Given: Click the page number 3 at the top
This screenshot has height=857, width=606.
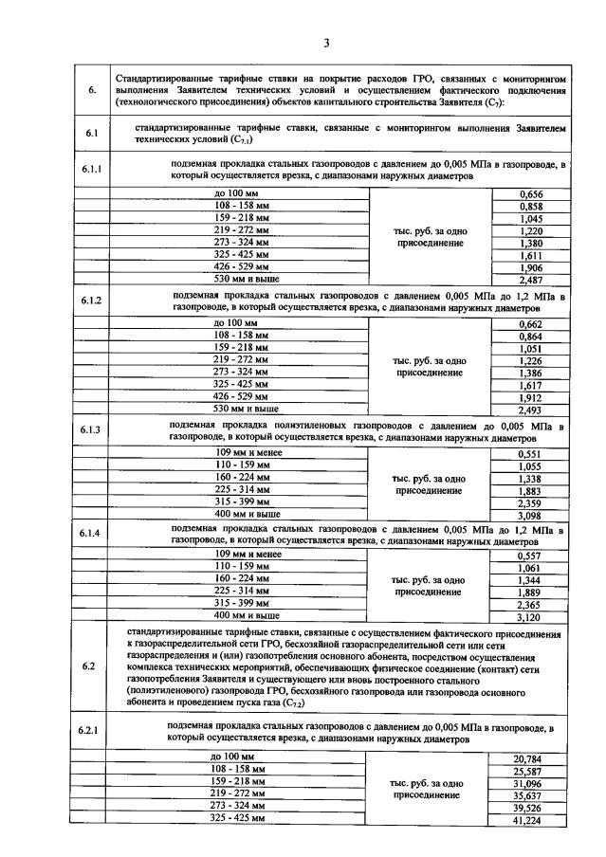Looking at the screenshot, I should pos(325,42).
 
